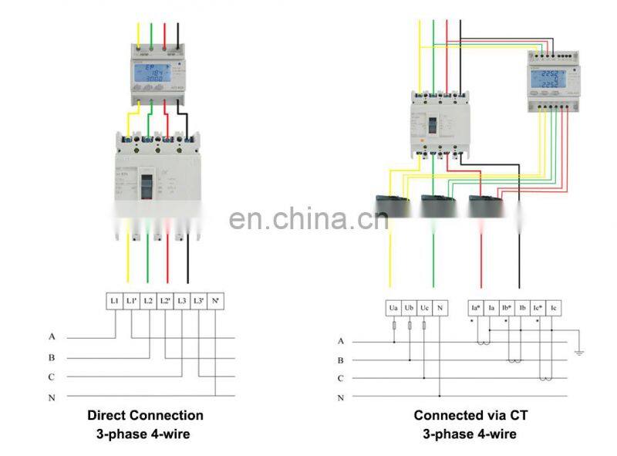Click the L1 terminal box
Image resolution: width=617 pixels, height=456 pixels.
pyautogui.click(x=114, y=299)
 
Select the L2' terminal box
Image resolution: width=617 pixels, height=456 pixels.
pyautogui.click(x=165, y=299)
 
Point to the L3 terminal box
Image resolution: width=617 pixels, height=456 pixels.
pyautogui.click(x=181, y=299)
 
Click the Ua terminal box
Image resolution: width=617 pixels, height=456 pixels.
pyautogui.click(x=394, y=308)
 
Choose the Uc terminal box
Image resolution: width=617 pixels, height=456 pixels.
pyautogui.click(x=424, y=308)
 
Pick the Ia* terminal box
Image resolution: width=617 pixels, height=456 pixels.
pyautogui.click(x=476, y=308)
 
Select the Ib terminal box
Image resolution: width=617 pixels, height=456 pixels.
pyautogui.click(x=522, y=308)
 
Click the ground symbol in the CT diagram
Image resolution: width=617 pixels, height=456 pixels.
pyautogui.click(x=579, y=352)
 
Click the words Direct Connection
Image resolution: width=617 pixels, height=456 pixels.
pyautogui.click(x=145, y=415)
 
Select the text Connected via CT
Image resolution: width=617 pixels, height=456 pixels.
pyautogui.click(x=469, y=415)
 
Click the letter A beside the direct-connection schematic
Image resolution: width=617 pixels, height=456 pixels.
pyautogui.click(x=52, y=336)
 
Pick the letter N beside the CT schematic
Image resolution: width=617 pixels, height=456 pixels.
pyautogui.click(x=340, y=397)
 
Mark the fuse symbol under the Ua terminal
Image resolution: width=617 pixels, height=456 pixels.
pyautogui.click(x=394, y=326)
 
